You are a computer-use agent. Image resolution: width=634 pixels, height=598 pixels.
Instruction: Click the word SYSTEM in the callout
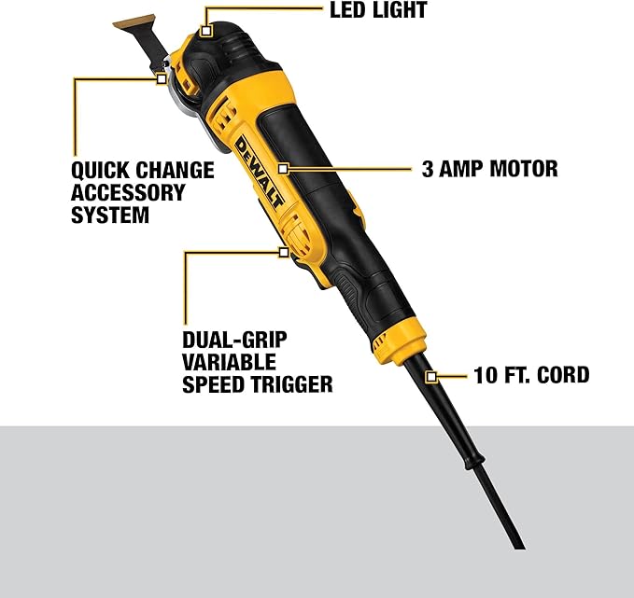[109, 215]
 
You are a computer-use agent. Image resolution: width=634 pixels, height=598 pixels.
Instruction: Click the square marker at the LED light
[207, 31]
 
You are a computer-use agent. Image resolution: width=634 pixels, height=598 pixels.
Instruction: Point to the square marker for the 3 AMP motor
[283, 170]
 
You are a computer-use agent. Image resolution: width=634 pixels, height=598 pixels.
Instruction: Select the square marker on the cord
[431, 376]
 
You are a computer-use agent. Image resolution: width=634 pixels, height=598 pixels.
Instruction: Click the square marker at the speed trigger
[283, 250]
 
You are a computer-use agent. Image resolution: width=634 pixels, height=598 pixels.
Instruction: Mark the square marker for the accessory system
[162, 79]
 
